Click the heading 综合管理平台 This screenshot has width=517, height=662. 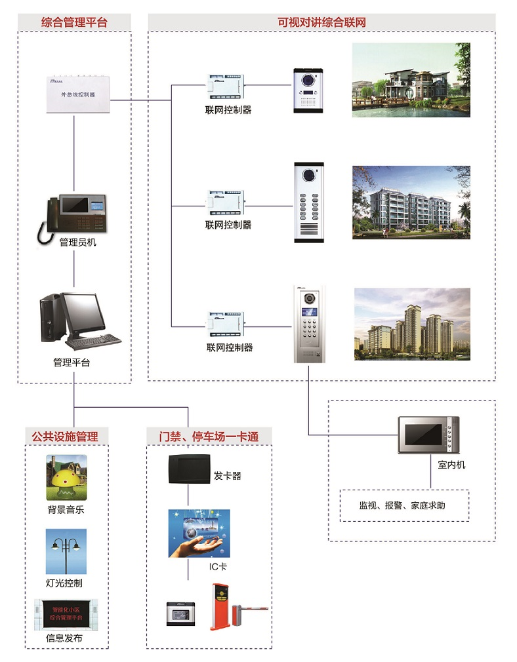[74, 22]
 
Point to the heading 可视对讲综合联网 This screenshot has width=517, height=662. [321, 22]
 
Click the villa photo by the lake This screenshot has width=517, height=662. [411, 80]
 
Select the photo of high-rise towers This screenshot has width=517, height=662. [412, 324]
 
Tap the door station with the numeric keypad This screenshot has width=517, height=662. [309, 324]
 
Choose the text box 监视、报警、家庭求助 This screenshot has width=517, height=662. [403, 505]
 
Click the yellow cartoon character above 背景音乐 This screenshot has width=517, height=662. [66, 478]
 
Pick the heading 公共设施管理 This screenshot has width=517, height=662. [66, 436]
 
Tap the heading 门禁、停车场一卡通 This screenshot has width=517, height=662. [209, 436]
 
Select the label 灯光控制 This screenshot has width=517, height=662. [64, 583]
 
